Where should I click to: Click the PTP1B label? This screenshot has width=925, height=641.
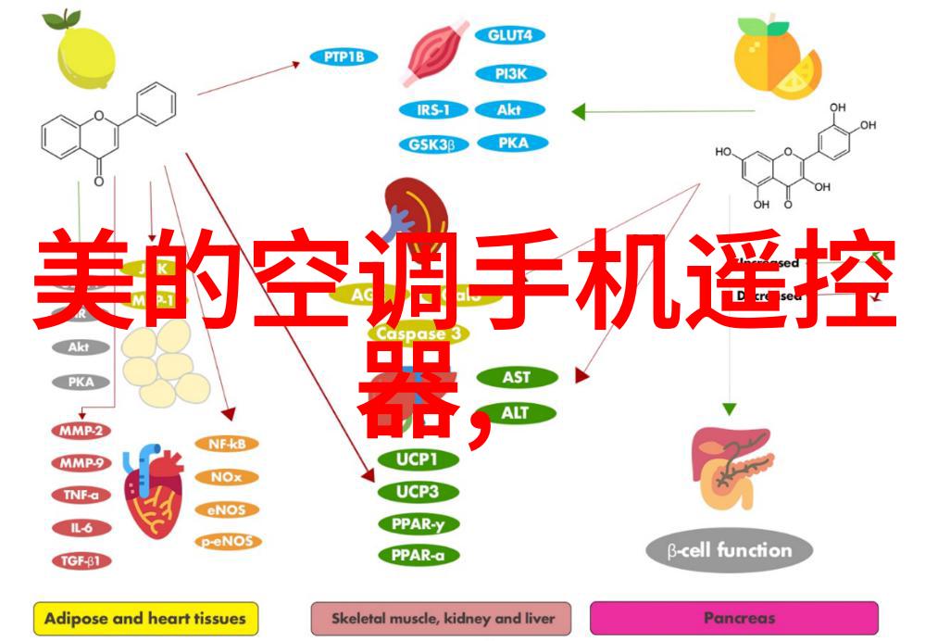pyautogui.click(x=344, y=57)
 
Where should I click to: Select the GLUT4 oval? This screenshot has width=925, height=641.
pyautogui.click(x=510, y=36)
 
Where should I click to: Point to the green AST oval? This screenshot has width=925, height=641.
pyautogui.click(x=517, y=377)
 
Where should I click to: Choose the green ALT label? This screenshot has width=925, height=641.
pyautogui.click(x=517, y=412)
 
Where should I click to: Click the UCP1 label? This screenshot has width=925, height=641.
pyautogui.click(x=417, y=459)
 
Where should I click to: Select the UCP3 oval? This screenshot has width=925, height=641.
pyautogui.click(x=417, y=492)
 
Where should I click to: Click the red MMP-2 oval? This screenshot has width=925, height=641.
pyautogui.click(x=81, y=431)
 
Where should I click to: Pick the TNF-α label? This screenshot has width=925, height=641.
pyautogui.click(x=81, y=495)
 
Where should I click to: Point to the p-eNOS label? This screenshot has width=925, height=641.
pyautogui.click(x=227, y=542)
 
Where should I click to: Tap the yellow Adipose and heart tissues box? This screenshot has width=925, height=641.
pyautogui.click(x=145, y=618)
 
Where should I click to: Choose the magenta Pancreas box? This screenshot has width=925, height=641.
pyautogui.click(x=733, y=618)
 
